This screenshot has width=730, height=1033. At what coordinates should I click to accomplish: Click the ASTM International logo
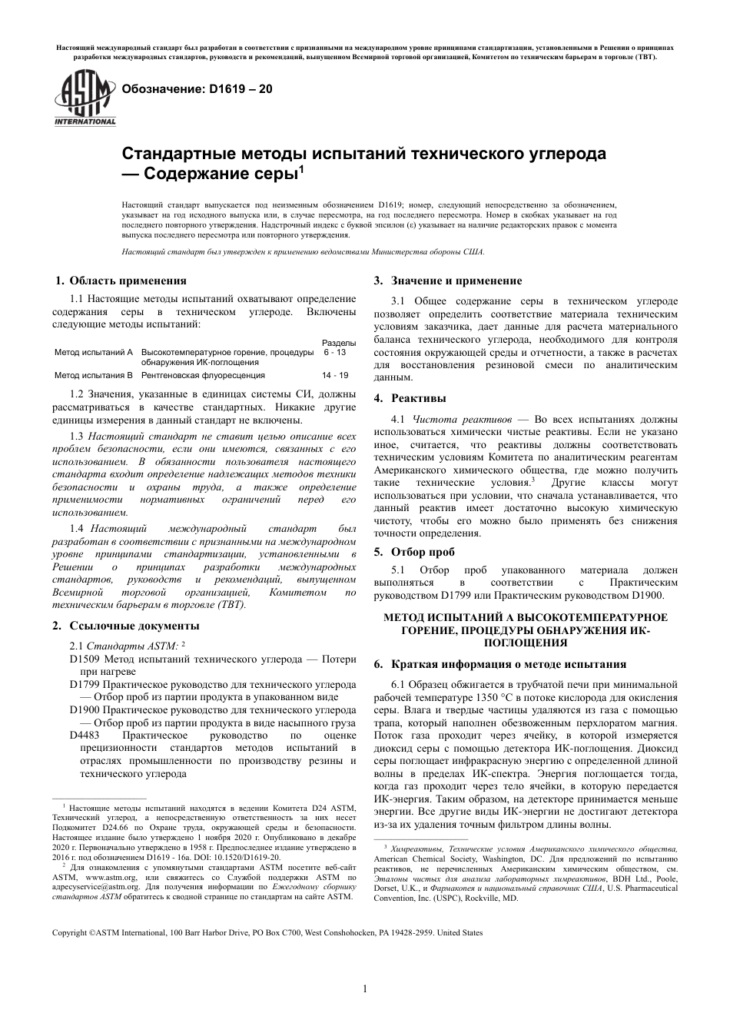tap(84, 98)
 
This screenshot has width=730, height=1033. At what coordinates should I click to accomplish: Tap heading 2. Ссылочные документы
tap(126, 626)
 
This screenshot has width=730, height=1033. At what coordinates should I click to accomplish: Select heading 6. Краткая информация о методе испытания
tap(500, 664)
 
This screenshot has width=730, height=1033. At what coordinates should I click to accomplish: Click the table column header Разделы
tap(338, 342)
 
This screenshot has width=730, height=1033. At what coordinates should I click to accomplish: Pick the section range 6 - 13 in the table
tap(335, 352)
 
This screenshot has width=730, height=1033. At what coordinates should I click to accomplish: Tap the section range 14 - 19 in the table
tap(335, 375)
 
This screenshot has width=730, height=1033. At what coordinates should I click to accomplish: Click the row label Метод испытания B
tap(94, 375)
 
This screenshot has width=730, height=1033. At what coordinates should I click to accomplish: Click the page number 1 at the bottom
tap(365, 988)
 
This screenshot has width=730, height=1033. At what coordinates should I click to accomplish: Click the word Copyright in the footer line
tap(69, 933)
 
